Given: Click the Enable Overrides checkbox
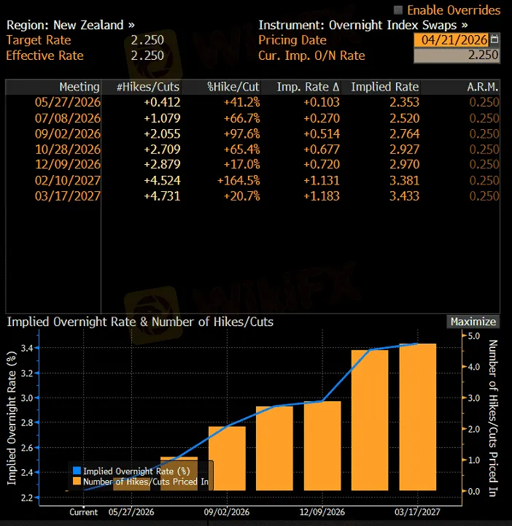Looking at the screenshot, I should pos(398,10).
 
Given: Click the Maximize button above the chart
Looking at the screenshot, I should pos(473,322).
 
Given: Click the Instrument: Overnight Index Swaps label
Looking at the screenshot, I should pos(362,25).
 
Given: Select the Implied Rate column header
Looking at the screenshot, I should pos(384,87).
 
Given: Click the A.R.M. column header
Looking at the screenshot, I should pos(483,87).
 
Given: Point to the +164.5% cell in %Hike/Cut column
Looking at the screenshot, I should pos(236,180).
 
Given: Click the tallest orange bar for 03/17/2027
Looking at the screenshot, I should pos(418,416).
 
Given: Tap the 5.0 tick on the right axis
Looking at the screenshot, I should pos(473,336).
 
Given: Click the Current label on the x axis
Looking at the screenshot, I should pos(83,512).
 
